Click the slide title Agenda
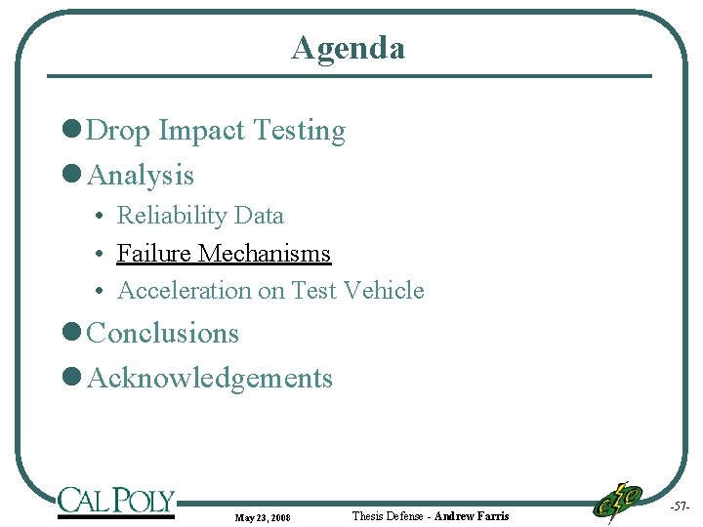coord(348,47)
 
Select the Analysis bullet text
coord(141,176)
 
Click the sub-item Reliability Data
coord(200,216)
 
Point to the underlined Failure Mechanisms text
coord(224,254)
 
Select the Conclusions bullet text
coord(163,333)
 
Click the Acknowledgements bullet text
coord(210,378)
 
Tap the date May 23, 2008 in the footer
coord(263,516)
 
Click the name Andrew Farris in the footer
coord(471,515)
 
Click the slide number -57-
coord(680,507)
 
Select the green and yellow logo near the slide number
coord(617,502)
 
